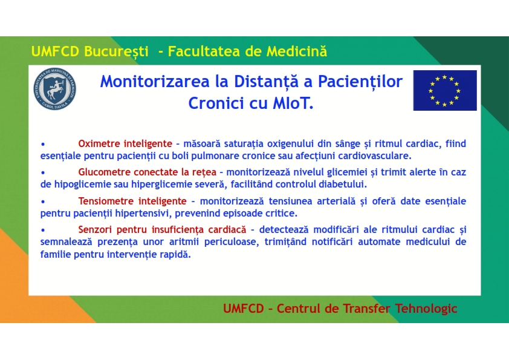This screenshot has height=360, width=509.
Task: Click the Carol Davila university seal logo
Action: (x=55, y=89)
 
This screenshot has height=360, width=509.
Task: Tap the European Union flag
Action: (x=445, y=90)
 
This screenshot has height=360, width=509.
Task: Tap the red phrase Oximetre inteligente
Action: (x=125, y=143)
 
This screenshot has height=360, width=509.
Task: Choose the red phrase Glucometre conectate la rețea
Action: (x=147, y=172)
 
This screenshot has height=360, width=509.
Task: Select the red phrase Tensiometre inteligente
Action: (x=132, y=201)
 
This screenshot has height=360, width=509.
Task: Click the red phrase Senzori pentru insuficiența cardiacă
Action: (x=162, y=230)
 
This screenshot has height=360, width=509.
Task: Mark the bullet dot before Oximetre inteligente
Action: (x=43, y=144)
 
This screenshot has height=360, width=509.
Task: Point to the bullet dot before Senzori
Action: (x=43, y=230)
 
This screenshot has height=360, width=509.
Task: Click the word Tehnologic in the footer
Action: (x=426, y=309)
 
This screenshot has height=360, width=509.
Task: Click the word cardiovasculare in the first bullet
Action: (x=375, y=156)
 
